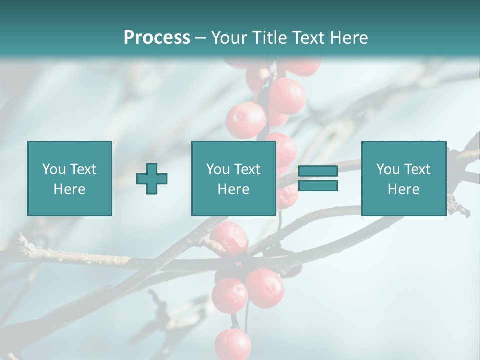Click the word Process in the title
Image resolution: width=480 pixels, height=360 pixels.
coord(157,38)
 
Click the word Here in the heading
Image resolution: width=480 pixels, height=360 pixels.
coord(348,38)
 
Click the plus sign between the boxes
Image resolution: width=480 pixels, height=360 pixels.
coord(152,179)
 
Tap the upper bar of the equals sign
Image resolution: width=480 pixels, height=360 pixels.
coord(318,171)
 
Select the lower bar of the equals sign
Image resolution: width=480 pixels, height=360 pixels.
coord(318,186)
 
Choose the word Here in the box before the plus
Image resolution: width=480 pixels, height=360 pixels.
coord(69,189)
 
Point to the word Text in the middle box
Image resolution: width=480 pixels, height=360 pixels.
coord(248,169)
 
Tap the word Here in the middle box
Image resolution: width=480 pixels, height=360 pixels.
coord(233,189)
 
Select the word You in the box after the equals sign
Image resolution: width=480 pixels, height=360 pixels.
coord(388,169)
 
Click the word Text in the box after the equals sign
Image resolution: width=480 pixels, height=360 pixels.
coord(418,169)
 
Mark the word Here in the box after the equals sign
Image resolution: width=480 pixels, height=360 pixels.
coord(403,189)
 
